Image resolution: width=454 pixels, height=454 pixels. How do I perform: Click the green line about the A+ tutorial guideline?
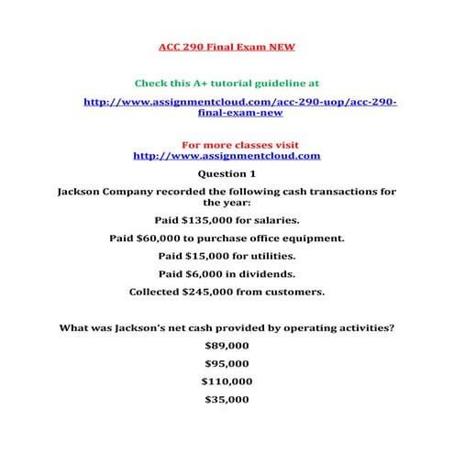tap(227, 83)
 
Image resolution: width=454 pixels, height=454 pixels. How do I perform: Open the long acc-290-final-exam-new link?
tap(239, 107)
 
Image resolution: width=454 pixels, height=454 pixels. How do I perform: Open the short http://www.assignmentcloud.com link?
tap(227, 156)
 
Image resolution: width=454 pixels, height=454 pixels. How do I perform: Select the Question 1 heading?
tap(227, 173)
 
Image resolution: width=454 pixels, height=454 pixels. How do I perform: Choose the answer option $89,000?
tap(227, 346)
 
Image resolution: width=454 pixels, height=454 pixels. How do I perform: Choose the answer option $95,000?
tap(227, 363)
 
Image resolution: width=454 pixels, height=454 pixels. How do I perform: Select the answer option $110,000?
tap(227, 382)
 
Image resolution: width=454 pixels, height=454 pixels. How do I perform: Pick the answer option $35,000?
tap(227, 400)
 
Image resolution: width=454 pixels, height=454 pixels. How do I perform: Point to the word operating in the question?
tap(305, 327)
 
